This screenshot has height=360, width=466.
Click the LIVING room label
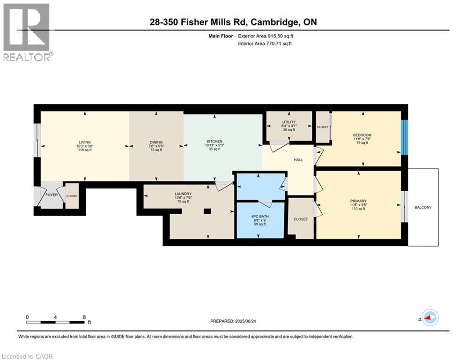(85, 142)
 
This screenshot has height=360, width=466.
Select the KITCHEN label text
(215, 142)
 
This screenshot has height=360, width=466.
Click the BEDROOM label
(362, 135)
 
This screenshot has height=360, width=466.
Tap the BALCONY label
(423, 207)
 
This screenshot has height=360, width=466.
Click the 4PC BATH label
(259, 217)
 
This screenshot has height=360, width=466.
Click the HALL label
(298, 160)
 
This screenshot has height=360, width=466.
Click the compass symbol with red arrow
(429, 317)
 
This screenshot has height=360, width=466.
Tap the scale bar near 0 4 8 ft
(56, 322)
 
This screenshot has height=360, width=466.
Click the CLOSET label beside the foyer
(72, 196)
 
